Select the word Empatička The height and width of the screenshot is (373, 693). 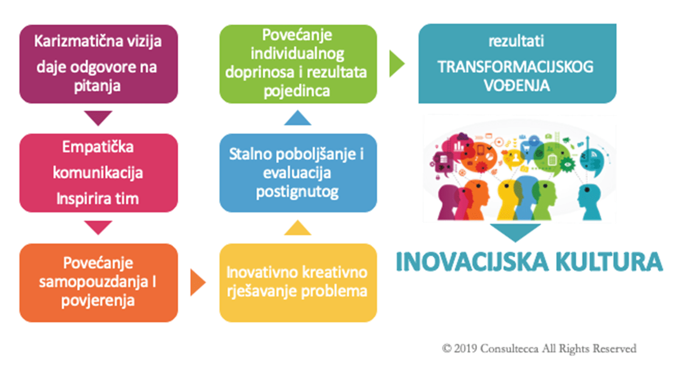(98, 147)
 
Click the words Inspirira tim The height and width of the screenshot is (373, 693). (98, 199)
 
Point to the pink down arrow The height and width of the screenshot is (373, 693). (98, 227)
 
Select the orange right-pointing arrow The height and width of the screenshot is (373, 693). (198, 282)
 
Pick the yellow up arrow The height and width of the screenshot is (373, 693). (297, 227)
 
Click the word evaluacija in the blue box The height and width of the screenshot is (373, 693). (297, 173)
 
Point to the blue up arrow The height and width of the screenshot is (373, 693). (297, 118)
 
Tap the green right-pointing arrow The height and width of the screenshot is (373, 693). (397, 64)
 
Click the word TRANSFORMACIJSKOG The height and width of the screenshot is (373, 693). (515, 67)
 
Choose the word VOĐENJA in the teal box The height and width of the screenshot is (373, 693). (517, 85)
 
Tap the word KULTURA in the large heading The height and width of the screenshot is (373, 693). (609, 262)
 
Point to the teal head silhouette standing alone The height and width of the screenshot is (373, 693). (590, 201)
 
